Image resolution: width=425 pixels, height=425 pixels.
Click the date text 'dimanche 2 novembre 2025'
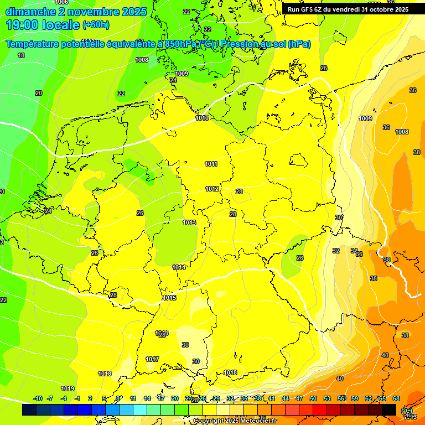[76, 12]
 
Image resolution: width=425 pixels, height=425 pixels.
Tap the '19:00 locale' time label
[43, 24]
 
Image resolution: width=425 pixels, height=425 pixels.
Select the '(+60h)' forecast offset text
[96, 25]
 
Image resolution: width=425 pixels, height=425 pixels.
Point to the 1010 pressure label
[202, 118]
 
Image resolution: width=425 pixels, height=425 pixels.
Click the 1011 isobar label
[211, 164]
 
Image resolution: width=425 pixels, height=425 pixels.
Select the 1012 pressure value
[212, 189]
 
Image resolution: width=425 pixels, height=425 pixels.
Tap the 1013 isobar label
[189, 222]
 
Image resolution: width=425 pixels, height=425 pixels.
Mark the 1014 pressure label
[179, 267]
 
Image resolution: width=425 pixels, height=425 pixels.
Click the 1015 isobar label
[169, 298]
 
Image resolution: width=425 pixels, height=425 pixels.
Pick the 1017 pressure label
[152, 359]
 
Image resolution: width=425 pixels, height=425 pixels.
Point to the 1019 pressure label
[68, 388]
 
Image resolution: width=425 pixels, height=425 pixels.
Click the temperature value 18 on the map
[21, 55]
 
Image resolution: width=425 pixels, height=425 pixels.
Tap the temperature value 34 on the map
[354, 251]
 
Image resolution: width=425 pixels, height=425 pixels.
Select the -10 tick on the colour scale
[38, 398]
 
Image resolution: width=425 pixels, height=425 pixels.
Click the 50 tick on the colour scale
[313, 398]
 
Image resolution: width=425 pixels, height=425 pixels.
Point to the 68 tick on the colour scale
[396, 398]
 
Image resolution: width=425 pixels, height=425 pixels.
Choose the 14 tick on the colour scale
[147, 398]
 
